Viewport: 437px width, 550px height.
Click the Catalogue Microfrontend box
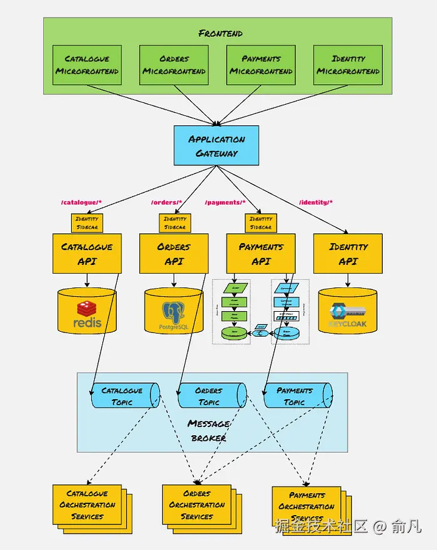coord(87,65)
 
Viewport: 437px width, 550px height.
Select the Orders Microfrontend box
coord(174,65)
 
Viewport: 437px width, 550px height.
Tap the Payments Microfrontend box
coord(261,65)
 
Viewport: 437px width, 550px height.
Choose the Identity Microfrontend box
coord(348,65)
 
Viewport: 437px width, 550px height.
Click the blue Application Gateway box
coord(217,146)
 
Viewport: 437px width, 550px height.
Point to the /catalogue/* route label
coord(81,203)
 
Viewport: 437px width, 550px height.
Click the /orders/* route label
coord(167,203)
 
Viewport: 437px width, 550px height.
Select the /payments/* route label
coord(225,203)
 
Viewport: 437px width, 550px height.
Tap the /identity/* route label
coord(316,203)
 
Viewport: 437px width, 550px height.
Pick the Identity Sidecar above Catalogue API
coord(87,223)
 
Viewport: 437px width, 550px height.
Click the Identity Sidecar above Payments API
coord(261,223)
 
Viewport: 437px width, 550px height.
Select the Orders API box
coord(174,254)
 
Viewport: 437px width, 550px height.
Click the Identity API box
coord(348,254)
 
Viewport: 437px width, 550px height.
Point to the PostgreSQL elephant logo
coord(174,312)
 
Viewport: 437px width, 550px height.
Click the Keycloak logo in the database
coord(348,315)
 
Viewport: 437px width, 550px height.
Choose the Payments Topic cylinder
coord(296,396)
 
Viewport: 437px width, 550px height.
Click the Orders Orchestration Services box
coord(197,505)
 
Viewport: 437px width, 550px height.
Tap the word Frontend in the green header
coord(220,33)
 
